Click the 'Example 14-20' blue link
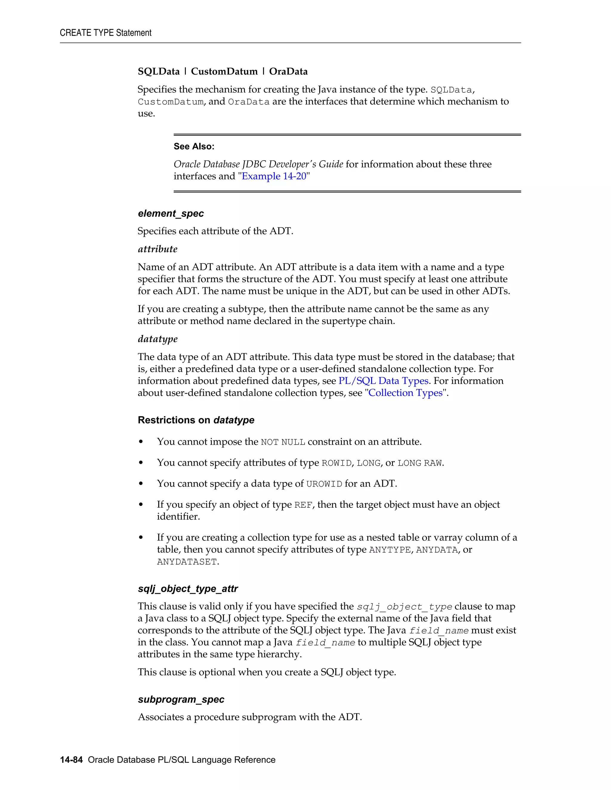click(274, 176)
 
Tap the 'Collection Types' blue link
click(405, 393)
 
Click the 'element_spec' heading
click(171, 213)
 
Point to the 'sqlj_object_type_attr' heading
click(188, 588)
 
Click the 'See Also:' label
click(194, 146)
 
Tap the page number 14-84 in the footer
click(71, 760)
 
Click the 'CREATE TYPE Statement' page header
click(106, 33)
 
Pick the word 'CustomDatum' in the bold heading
click(224, 72)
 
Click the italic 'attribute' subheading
click(158, 249)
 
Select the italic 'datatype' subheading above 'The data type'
click(158, 339)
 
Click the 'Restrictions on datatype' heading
click(196, 420)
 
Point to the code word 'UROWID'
click(324, 484)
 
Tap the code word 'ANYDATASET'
click(187, 562)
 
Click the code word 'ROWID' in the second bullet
click(337, 463)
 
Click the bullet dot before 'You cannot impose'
click(141, 442)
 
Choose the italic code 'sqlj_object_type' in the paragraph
click(404, 607)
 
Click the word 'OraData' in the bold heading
click(288, 72)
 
